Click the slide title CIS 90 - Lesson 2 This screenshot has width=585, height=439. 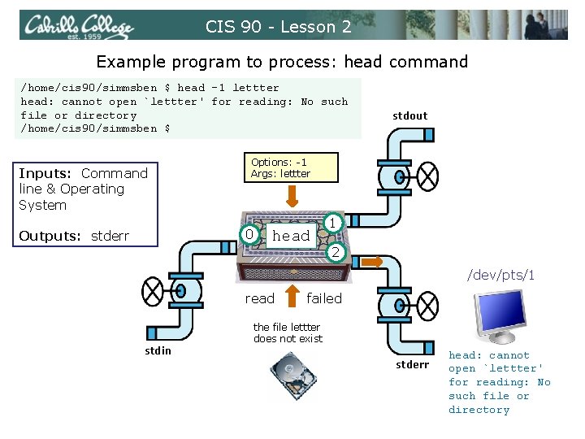coord(278,27)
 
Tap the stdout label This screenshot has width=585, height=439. coord(409,115)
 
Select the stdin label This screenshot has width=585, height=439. coord(158,350)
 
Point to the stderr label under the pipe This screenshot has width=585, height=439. coord(412,364)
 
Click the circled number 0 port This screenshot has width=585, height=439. coord(252,235)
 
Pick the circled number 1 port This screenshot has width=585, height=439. coord(332,222)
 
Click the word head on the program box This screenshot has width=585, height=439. coord(291,236)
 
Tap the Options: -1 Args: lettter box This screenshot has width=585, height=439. coord(280,168)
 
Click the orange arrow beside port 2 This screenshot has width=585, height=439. coord(372,262)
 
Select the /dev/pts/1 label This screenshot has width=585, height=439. coord(500,276)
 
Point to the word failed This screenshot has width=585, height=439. coord(324,298)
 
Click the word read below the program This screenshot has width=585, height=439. coord(260,298)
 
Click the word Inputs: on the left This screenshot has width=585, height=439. coord(46,173)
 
